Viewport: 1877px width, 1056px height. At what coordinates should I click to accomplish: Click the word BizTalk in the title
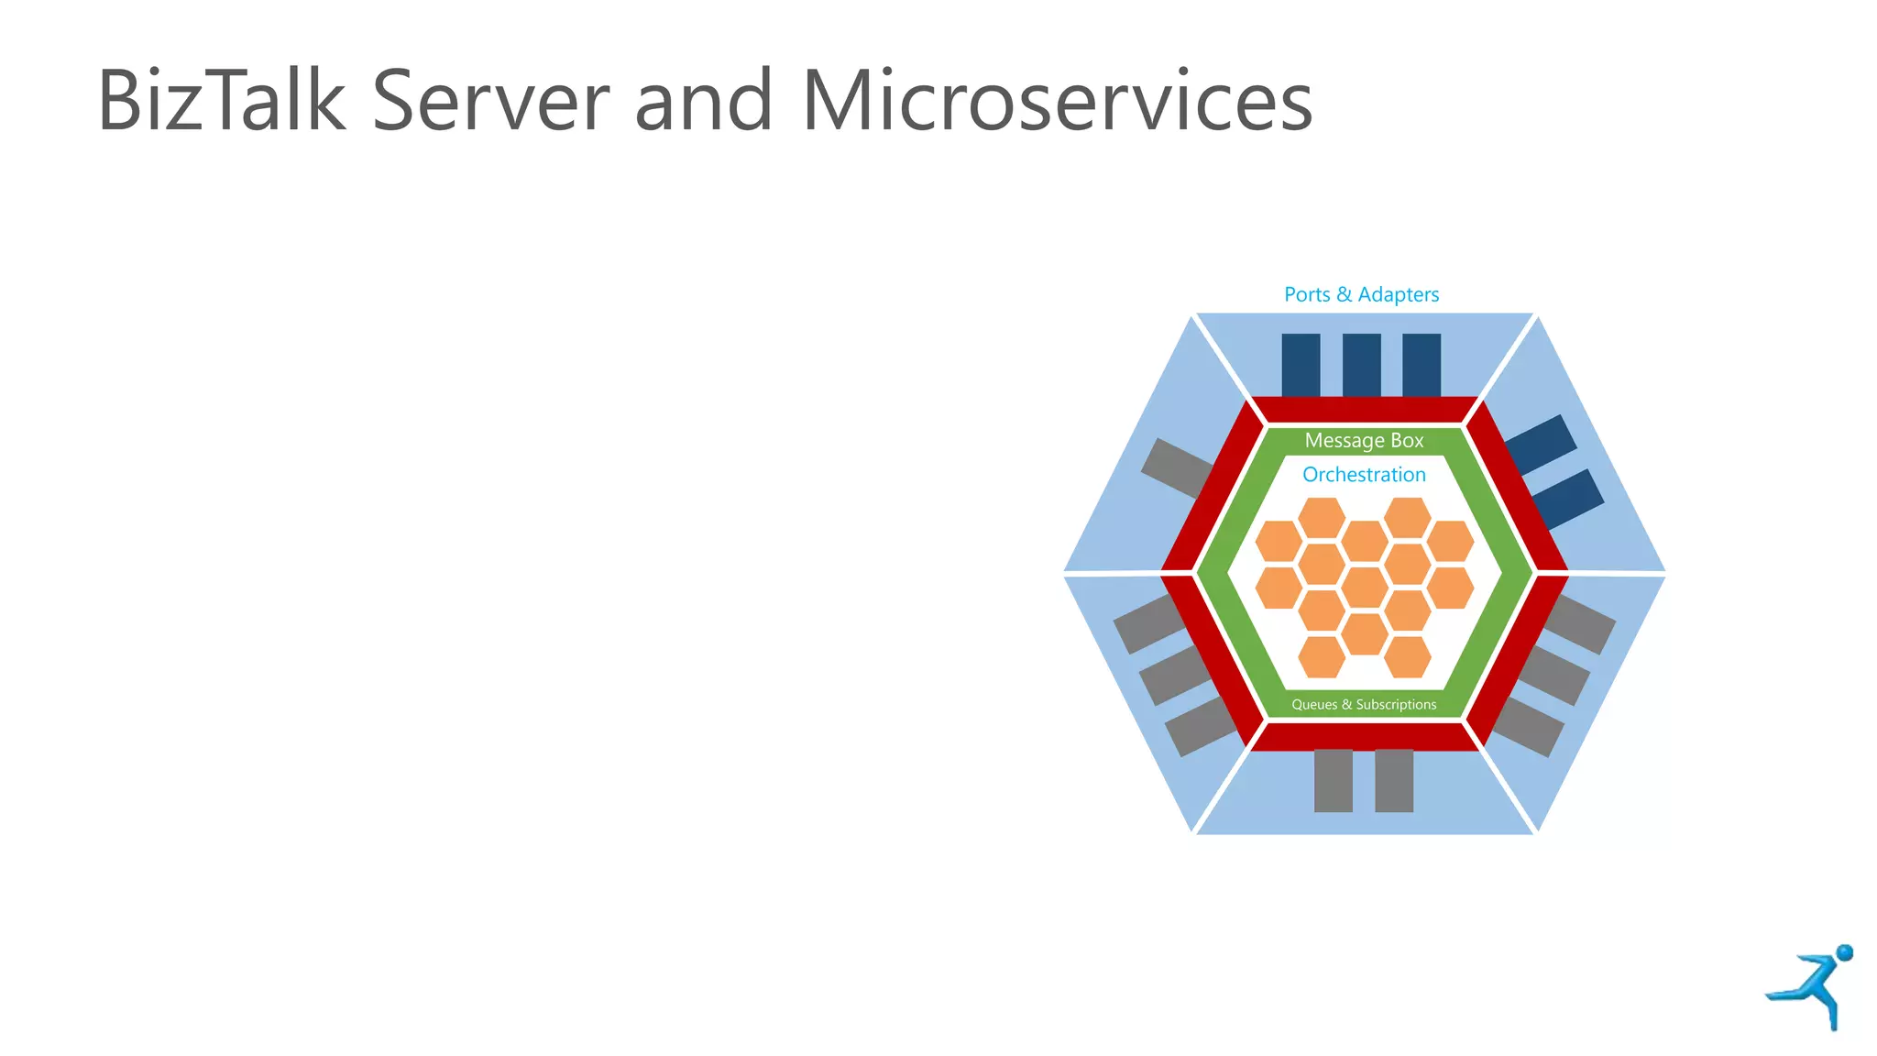(221, 101)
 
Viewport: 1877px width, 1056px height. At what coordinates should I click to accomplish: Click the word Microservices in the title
(1057, 101)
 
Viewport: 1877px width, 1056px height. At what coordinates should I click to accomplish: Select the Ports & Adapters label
(1361, 295)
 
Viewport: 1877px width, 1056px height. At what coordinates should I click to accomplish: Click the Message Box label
(1364, 441)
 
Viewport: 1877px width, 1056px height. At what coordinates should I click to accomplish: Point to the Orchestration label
(1364, 475)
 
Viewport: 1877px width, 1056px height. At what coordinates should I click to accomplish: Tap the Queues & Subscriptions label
(1364, 705)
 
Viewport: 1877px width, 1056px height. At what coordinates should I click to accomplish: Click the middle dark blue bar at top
(1361, 365)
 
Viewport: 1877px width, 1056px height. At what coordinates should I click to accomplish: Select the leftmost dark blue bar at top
(1301, 365)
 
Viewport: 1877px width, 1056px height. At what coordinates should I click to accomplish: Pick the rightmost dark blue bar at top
(1421, 365)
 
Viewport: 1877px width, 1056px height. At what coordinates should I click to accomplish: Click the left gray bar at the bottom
(1333, 780)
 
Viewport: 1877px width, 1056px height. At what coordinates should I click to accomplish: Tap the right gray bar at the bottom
(1394, 780)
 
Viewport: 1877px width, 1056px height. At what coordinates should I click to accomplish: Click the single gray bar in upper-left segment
(1177, 468)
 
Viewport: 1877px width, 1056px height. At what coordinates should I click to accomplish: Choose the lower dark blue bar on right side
(1568, 498)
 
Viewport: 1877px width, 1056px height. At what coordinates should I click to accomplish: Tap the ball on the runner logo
(1845, 952)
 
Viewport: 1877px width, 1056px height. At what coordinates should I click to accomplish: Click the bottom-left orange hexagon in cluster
(1322, 656)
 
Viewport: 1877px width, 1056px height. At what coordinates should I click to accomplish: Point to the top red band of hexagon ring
(1364, 410)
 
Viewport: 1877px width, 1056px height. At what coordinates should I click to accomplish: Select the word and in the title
(704, 101)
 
